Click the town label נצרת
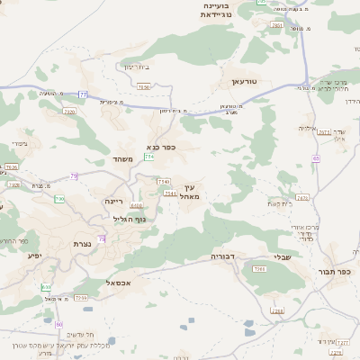(x=82, y=244)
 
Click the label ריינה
(x=113, y=202)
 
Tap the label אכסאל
(x=119, y=283)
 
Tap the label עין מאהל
(x=190, y=190)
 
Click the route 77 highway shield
(x=83, y=94)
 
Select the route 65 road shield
(x=317, y=158)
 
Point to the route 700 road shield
(x=59, y=198)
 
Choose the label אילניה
(x=308, y=128)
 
